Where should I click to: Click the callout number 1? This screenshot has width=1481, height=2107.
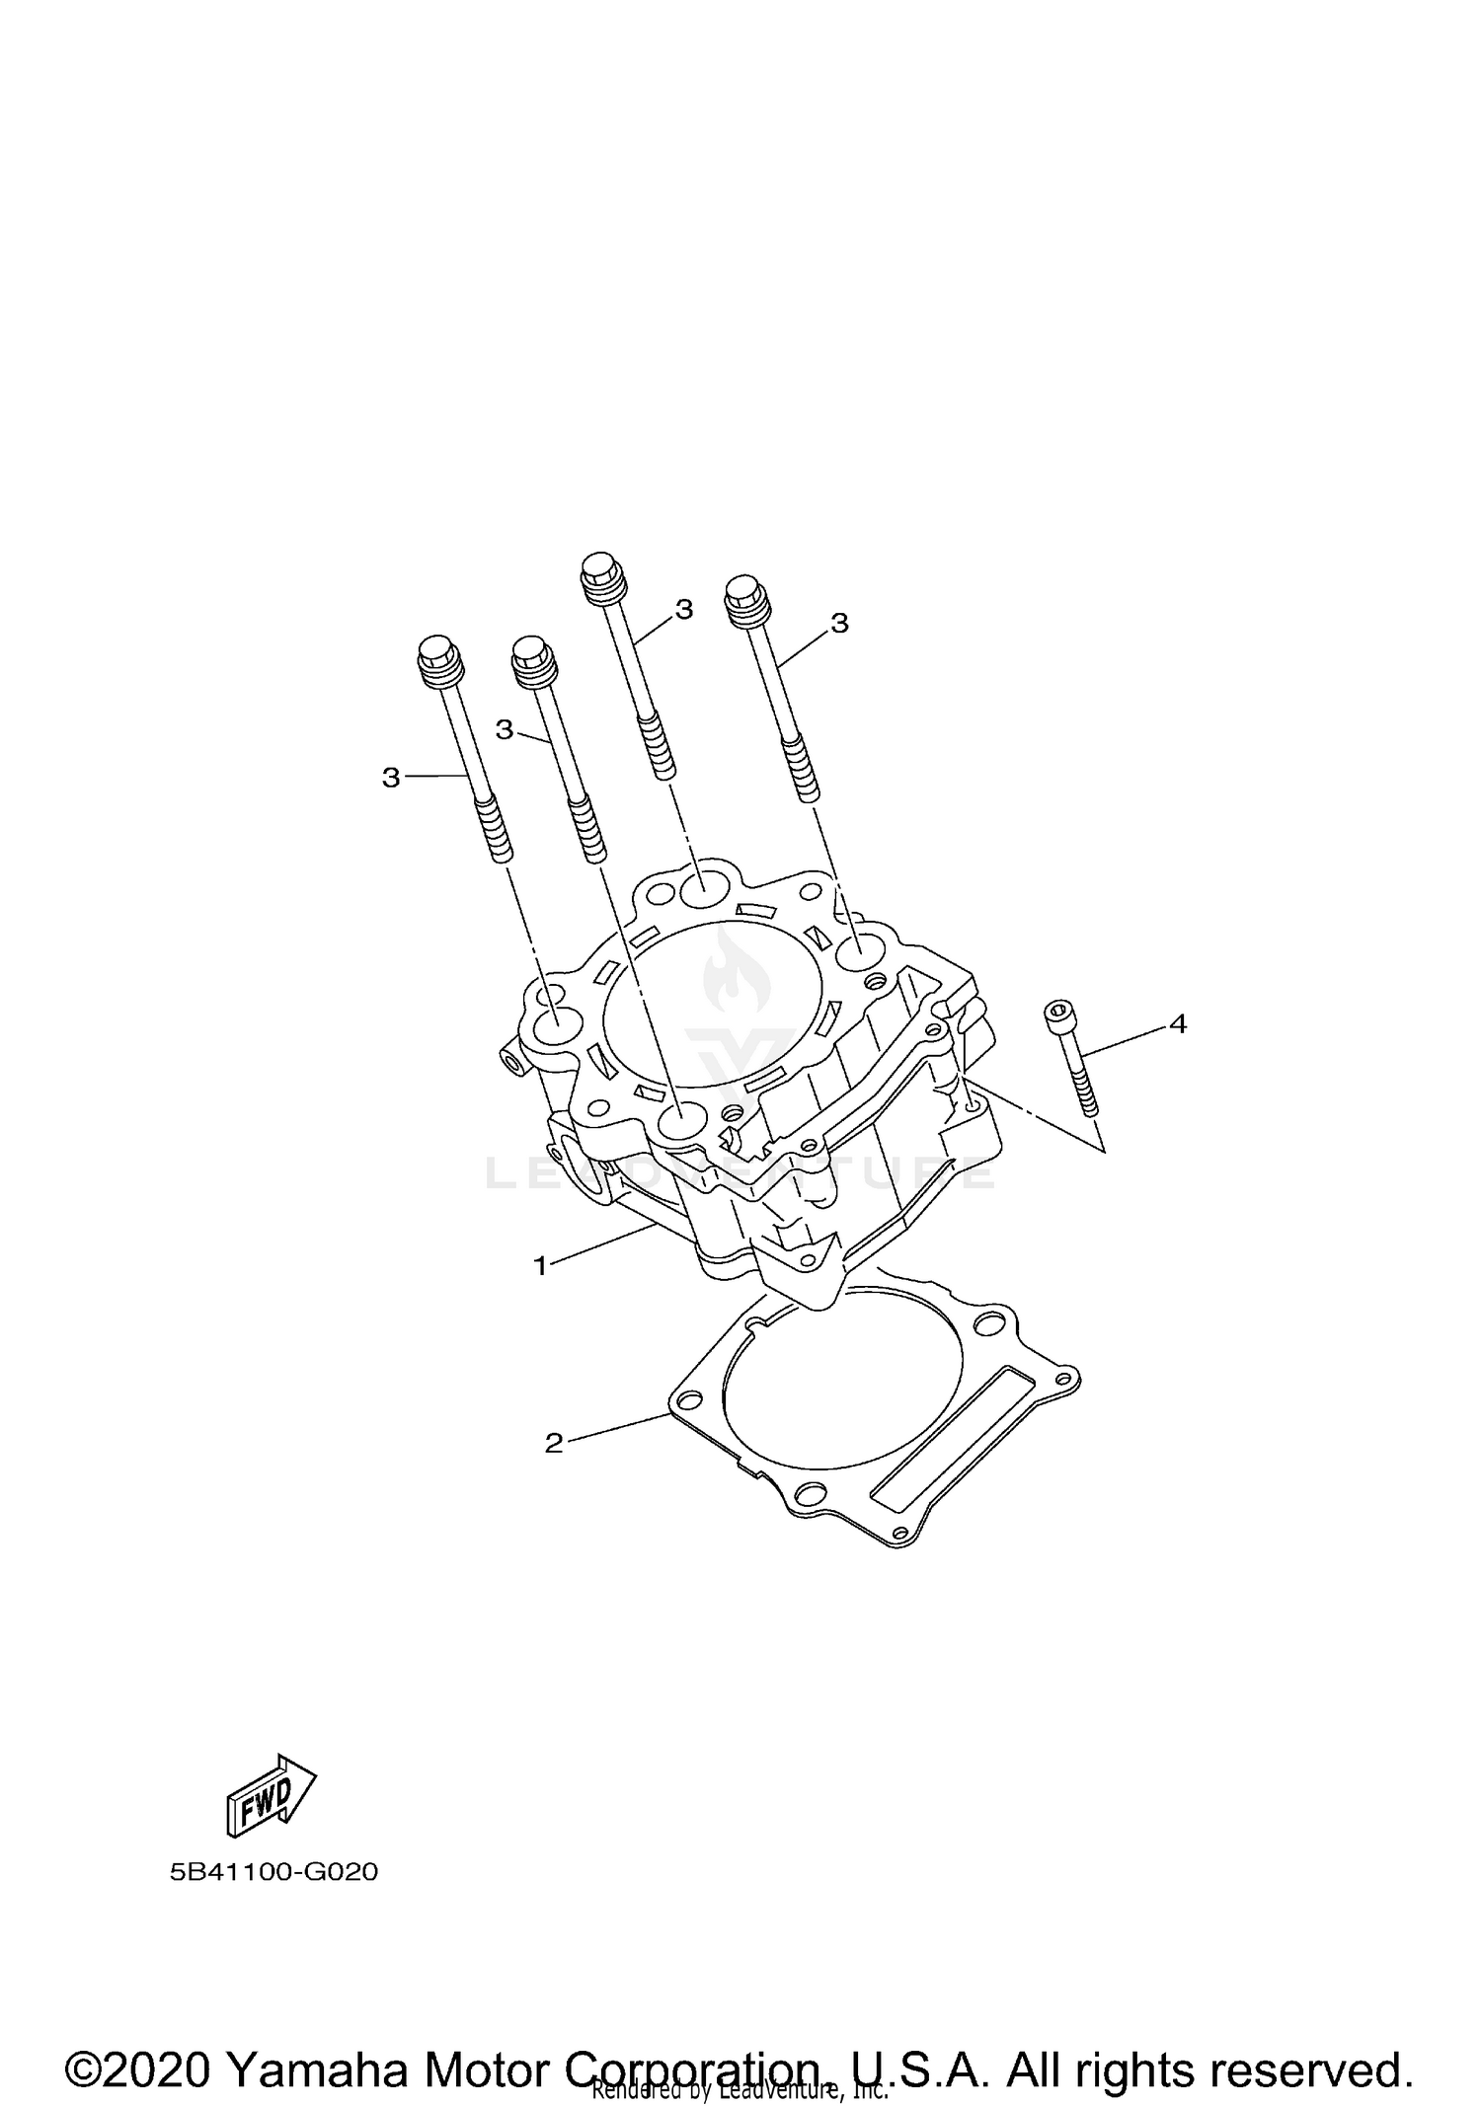click(x=540, y=1265)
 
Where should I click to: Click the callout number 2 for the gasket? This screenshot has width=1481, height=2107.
click(x=553, y=1443)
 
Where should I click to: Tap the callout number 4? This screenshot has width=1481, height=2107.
click(x=1177, y=1024)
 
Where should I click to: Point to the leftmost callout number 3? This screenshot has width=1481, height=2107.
click(x=391, y=778)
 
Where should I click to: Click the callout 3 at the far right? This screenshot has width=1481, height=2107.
click(x=839, y=623)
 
